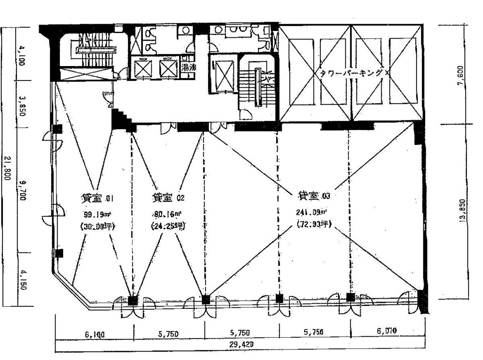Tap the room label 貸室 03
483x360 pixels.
coord(314,196)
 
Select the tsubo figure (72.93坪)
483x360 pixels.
coord(314,224)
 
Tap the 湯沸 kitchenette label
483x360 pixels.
coord(188,67)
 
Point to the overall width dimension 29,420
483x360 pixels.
coord(240,345)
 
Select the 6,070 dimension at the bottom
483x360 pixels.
coord(387,331)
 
